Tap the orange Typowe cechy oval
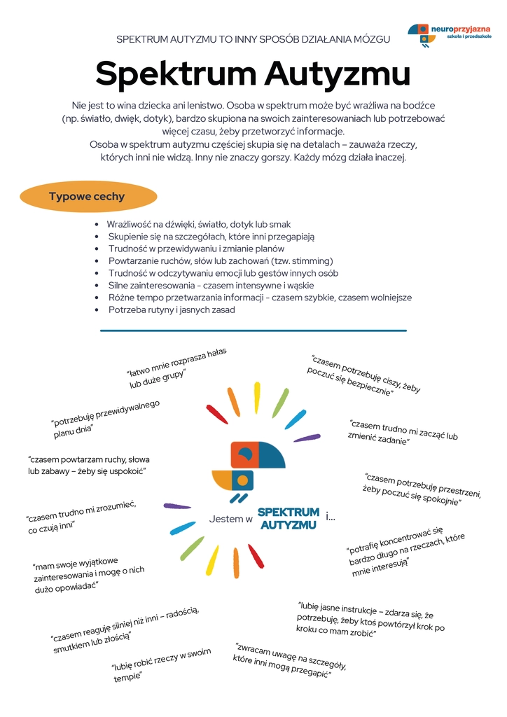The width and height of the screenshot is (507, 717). point(87,197)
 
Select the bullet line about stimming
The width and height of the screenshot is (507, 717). point(210,260)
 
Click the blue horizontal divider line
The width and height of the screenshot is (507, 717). point(253,330)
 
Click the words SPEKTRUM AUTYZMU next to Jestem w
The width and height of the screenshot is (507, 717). point(289,519)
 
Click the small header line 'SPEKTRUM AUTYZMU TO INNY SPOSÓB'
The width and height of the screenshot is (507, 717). point(253,39)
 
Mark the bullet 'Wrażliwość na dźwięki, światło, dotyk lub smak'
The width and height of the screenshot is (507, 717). point(198,224)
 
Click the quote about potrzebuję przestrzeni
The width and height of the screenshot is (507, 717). point(422,489)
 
